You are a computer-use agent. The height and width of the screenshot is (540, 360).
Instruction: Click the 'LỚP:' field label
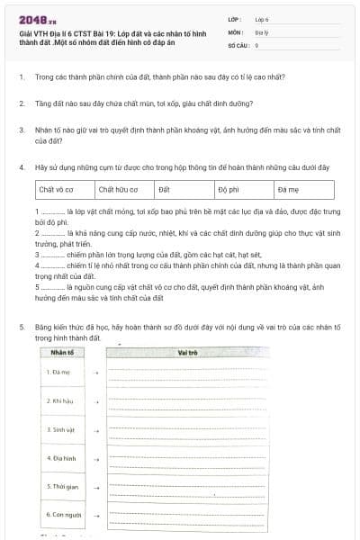point(235,19)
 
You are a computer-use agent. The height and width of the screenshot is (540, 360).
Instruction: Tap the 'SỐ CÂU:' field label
point(238,44)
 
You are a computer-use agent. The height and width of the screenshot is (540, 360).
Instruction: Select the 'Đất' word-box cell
point(184,190)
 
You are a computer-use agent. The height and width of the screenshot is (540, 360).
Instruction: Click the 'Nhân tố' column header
point(62,352)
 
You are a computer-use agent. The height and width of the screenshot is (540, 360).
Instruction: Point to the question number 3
point(21,130)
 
